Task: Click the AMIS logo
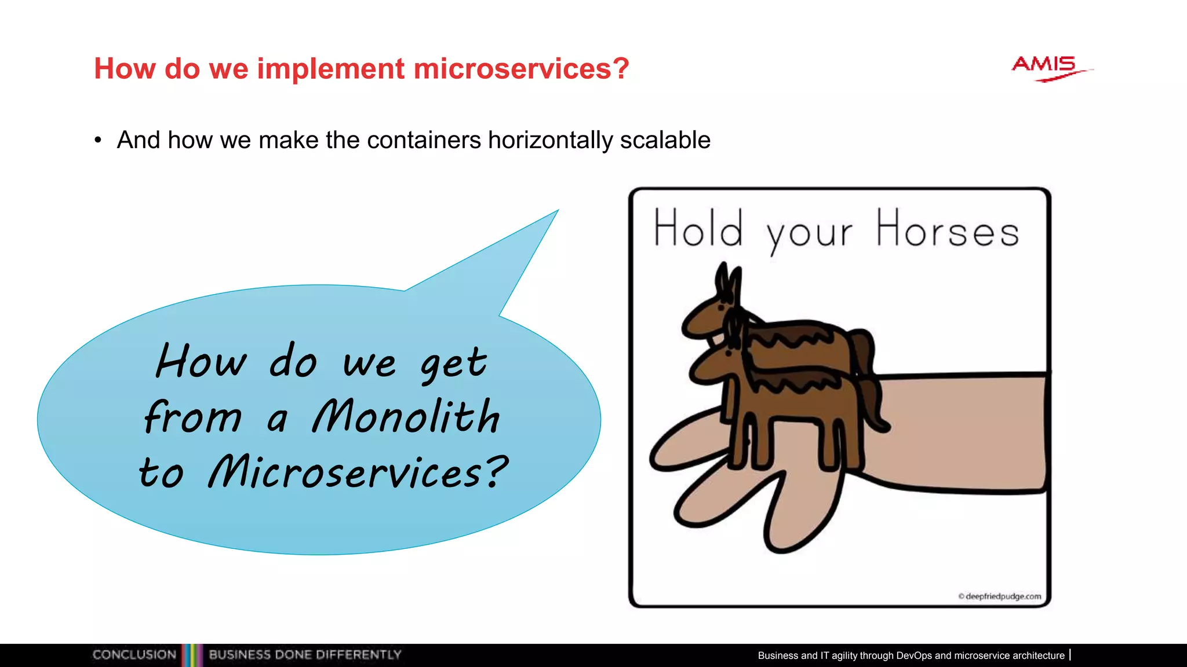[x=1048, y=68]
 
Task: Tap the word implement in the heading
[x=330, y=69]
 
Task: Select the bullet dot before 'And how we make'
[x=99, y=140]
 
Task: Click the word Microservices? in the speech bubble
[x=357, y=471]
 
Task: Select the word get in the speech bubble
[x=453, y=364]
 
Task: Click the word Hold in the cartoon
[x=698, y=229]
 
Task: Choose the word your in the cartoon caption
[x=809, y=233]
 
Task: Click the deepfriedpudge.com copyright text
[x=1000, y=596]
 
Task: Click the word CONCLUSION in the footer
[x=134, y=655]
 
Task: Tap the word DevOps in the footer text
[x=914, y=655]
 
